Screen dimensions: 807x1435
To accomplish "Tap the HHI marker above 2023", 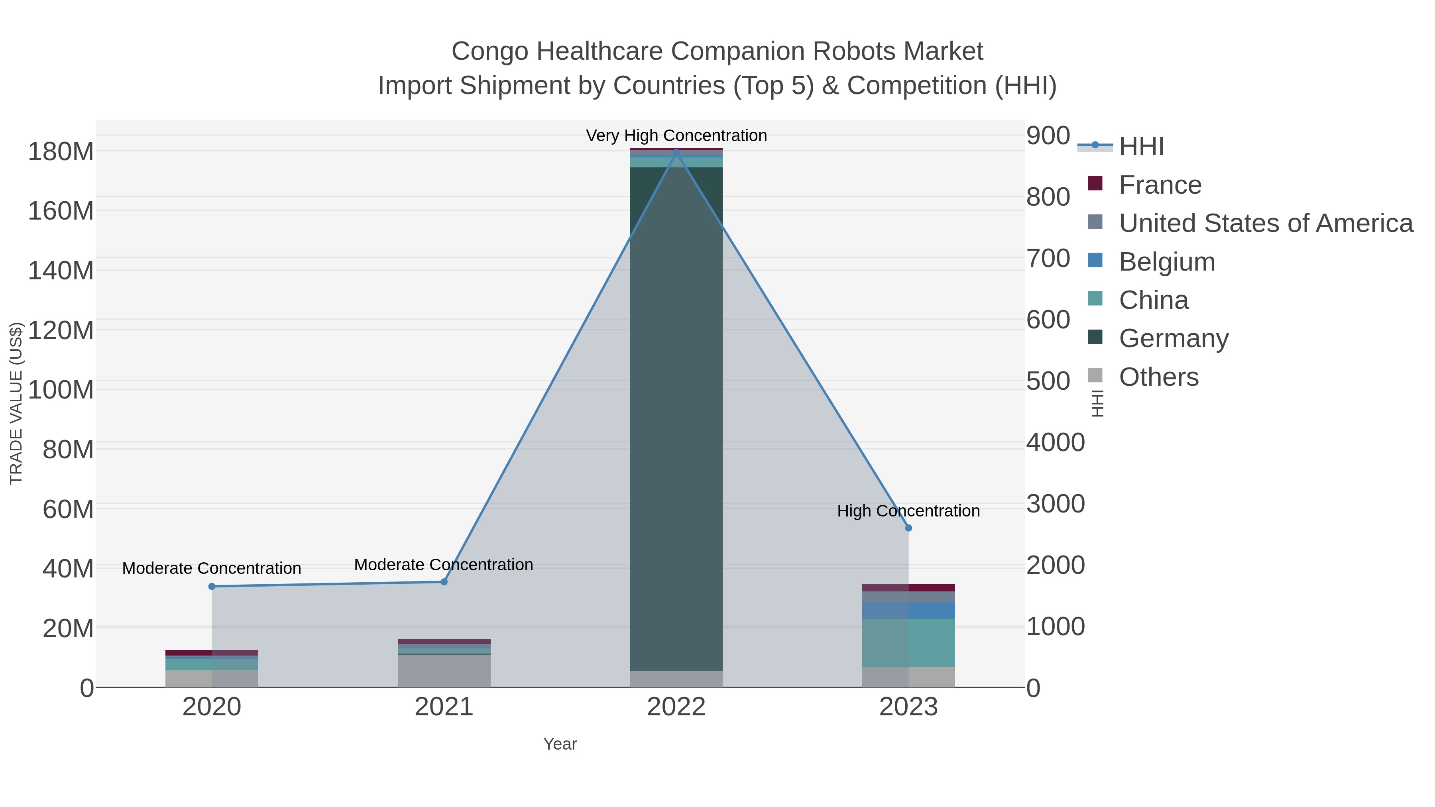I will click(908, 528).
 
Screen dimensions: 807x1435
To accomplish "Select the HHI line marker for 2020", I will click(212, 587).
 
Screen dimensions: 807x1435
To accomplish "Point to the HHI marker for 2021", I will click(444, 582).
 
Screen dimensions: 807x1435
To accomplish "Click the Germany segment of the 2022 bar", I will click(676, 418).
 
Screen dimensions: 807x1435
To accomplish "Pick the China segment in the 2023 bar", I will click(908, 643).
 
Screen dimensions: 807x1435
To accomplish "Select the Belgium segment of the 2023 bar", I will click(908, 611).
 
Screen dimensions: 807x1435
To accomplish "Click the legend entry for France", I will click(1160, 185).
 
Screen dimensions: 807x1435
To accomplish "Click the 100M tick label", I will click(61, 390).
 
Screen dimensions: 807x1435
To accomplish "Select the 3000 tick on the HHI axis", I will click(1056, 504).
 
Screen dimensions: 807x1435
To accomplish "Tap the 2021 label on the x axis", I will click(444, 707).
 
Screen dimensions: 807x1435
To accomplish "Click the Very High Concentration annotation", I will click(676, 135).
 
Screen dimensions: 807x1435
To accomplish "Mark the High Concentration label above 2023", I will click(908, 511).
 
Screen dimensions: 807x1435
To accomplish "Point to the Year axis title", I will click(560, 744).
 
